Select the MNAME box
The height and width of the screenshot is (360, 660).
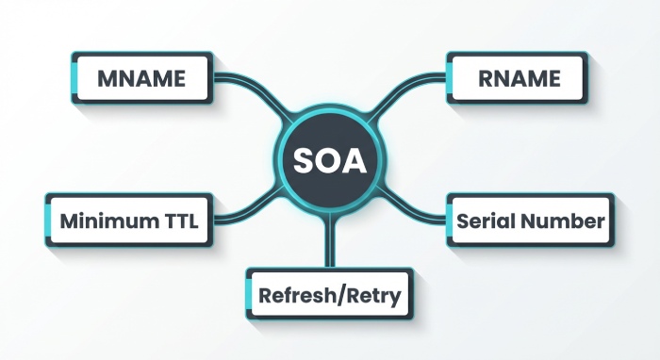[142, 77]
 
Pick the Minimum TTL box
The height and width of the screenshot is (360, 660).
[128, 221]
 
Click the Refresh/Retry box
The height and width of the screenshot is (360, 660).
[329, 294]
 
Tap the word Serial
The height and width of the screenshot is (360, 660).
[486, 221]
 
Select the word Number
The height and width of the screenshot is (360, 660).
[564, 221]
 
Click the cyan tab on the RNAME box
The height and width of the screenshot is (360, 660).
[449, 77]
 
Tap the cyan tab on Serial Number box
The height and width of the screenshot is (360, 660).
[449, 221]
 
